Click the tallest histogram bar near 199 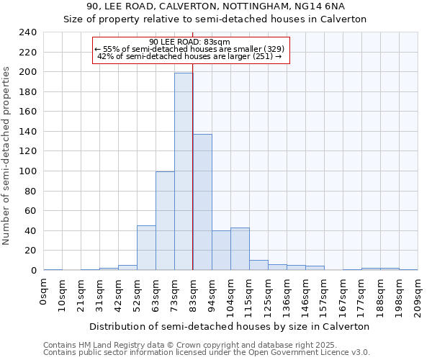(184, 171)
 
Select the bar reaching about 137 (202, 202)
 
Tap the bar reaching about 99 (165, 220)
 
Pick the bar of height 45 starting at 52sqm (146, 248)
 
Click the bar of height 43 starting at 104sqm (240, 248)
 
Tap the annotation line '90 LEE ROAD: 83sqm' (190, 42)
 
